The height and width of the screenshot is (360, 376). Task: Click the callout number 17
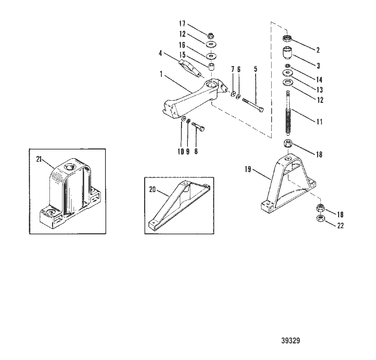pos(182,24)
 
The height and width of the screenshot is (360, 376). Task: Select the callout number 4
pos(160,53)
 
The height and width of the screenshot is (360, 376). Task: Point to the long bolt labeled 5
pos(253,104)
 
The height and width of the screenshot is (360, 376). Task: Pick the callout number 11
pos(319,122)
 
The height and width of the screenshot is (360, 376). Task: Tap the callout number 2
pos(317,50)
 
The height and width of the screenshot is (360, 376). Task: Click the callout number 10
pos(181,152)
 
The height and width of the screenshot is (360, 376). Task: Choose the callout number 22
pos(340,226)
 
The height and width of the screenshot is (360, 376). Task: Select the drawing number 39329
pos(290,341)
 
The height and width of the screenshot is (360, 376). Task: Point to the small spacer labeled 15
pos(211,67)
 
